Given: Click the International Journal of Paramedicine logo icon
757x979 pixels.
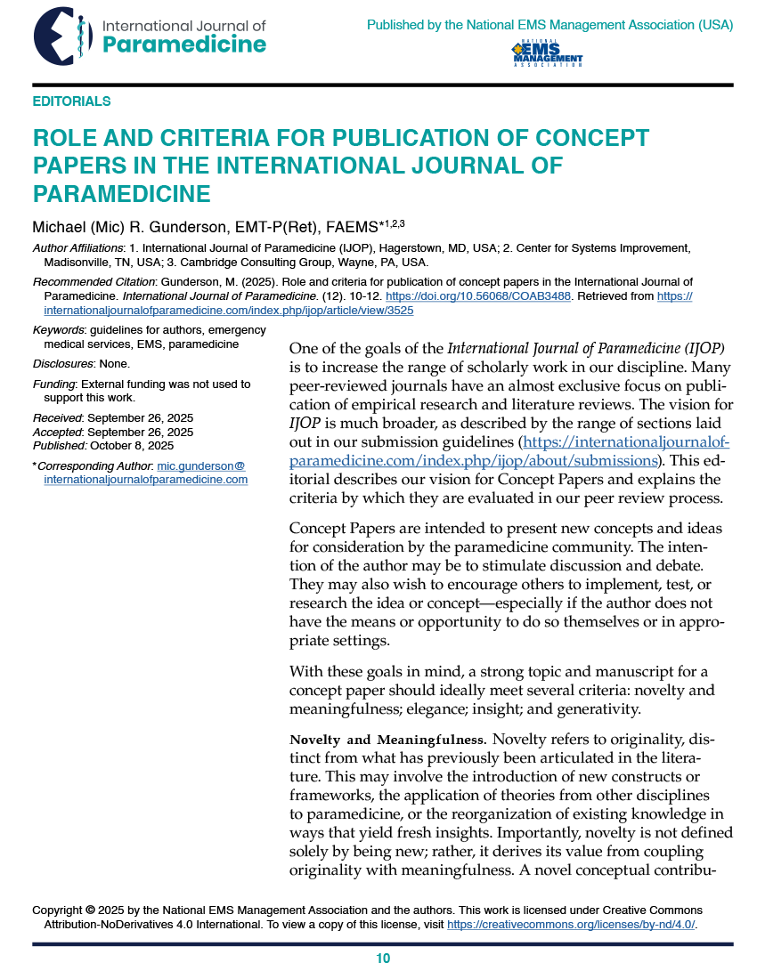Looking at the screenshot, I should (x=63, y=36).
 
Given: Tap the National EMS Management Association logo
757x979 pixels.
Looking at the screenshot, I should (x=547, y=53).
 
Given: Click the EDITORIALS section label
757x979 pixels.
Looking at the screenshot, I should (x=71, y=101).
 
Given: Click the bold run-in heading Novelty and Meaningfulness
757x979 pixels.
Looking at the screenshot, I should (x=387, y=740).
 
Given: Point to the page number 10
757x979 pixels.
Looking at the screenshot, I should (x=383, y=959).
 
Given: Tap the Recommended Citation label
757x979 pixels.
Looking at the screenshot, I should (x=94, y=282).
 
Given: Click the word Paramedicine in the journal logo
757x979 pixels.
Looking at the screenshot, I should (x=184, y=44).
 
